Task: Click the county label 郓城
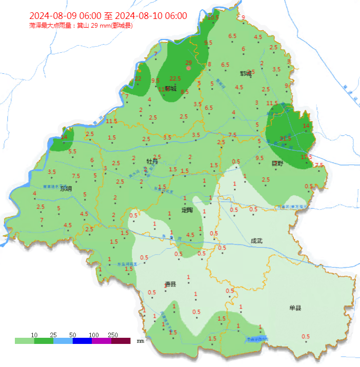[x=246, y=73]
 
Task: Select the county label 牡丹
[x=152, y=161]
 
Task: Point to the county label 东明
[x=66, y=188]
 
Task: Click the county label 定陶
[x=187, y=210]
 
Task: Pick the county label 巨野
[x=277, y=163]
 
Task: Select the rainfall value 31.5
[x=286, y=138]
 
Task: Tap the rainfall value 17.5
[x=307, y=156]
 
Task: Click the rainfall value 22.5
[x=175, y=78]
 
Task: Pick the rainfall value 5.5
[x=72, y=151]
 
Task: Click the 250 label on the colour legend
[x=113, y=335]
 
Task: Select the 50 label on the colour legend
[x=73, y=335]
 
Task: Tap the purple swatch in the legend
[x=102, y=341]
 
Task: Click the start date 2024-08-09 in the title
[x=52, y=16]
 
